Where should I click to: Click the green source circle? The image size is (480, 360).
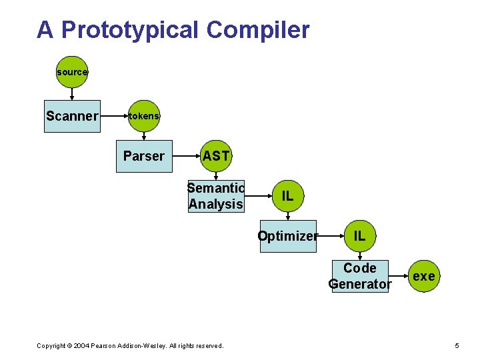(x=72, y=72)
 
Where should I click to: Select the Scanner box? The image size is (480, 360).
(x=72, y=116)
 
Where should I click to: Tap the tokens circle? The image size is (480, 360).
(x=144, y=116)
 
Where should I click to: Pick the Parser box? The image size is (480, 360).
(x=144, y=156)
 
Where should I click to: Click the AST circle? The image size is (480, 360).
(x=216, y=156)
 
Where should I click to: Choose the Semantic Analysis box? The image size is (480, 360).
(x=216, y=196)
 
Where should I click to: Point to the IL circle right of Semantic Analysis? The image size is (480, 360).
(x=287, y=196)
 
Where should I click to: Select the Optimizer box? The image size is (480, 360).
(x=287, y=236)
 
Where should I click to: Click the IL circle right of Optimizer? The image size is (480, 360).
(x=359, y=236)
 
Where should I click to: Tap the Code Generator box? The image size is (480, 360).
(x=360, y=276)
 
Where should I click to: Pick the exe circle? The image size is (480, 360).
(x=424, y=276)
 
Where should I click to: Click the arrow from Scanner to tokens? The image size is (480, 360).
(x=113, y=116)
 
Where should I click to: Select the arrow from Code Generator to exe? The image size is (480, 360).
(x=398, y=276)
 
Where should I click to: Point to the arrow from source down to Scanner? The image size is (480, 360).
(x=72, y=93)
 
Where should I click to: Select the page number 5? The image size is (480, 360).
(x=457, y=345)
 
